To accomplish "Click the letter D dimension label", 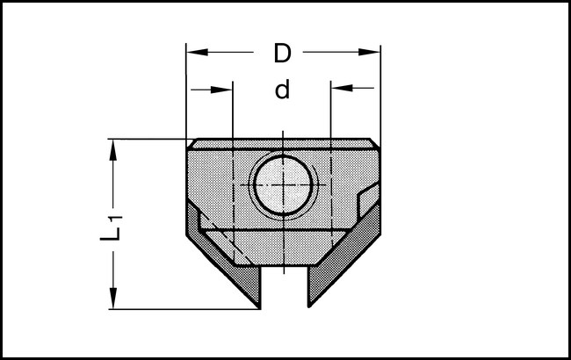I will [x=281, y=54].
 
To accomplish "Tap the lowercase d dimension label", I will [x=282, y=90].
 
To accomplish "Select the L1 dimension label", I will [x=110, y=226].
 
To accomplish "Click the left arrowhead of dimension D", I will [x=195, y=53].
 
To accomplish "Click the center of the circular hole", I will [x=282, y=186].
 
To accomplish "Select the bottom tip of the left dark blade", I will [x=258, y=306].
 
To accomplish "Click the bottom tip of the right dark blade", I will [x=309, y=306].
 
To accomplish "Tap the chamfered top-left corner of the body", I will [x=191, y=144].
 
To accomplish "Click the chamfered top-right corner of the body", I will [x=375, y=144].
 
